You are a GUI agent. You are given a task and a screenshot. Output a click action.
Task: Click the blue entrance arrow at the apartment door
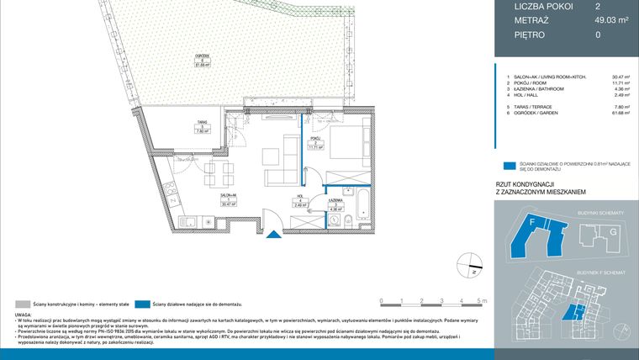(272, 235)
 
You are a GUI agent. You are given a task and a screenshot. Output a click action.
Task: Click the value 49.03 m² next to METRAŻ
(613, 20)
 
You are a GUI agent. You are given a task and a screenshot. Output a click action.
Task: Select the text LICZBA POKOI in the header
(543, 6)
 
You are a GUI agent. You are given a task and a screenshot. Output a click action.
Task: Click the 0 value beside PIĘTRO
(598, 35)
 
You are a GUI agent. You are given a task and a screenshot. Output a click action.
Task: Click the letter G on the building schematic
(613, 231)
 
